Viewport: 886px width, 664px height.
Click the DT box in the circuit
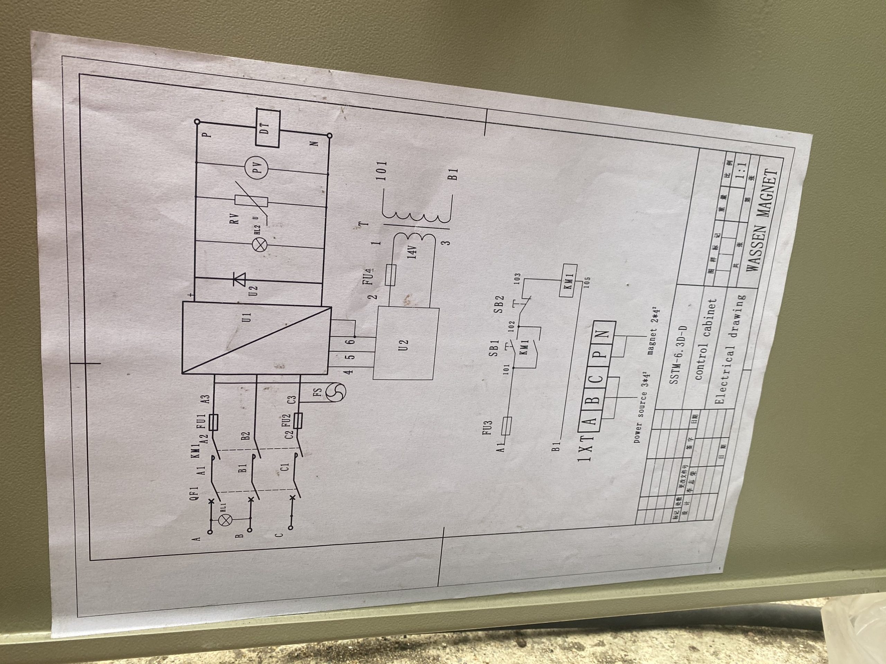pos(268,128)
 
